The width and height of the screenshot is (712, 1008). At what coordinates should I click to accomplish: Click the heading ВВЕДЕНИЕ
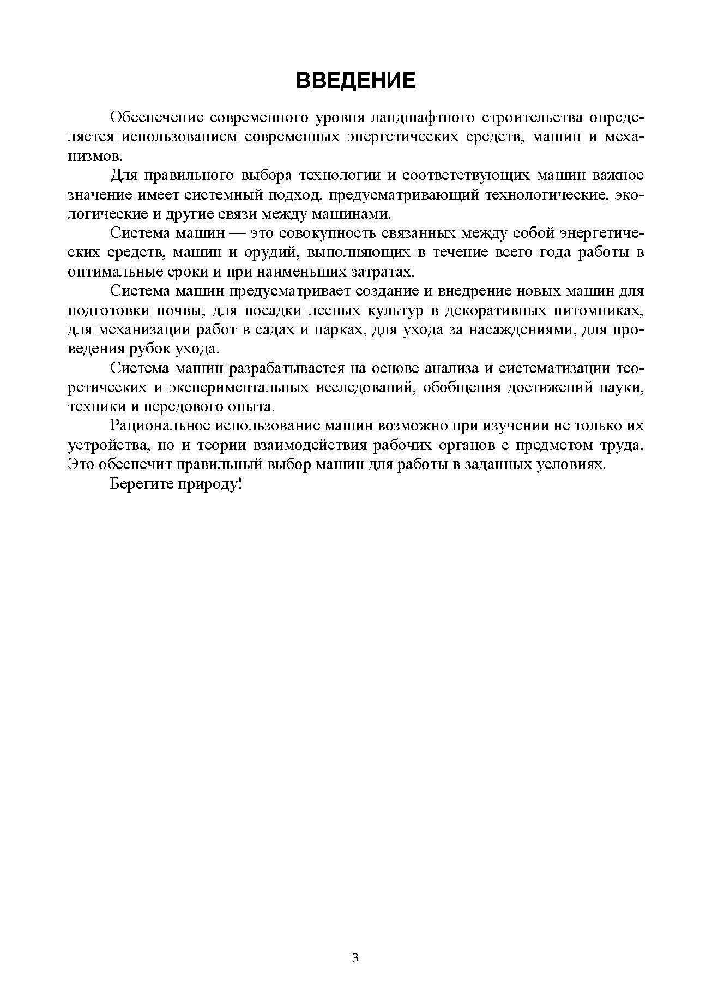coord(355,81)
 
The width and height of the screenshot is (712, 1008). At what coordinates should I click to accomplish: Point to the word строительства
coord(534,117)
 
